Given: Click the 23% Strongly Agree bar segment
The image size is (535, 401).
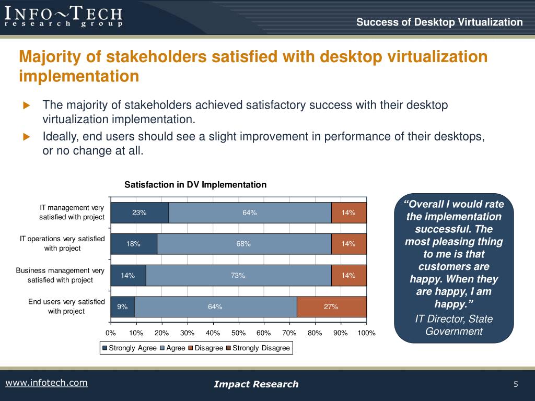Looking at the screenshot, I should (139, 213).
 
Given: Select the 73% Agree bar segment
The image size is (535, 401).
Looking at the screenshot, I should (238, 275).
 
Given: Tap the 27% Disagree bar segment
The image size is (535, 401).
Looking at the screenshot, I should (331, 306).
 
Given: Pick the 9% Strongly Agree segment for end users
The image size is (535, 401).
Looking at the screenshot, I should (123, 306).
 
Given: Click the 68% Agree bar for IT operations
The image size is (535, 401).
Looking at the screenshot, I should (243, 244).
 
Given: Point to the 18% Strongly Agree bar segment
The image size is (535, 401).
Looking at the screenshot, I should (134, 244).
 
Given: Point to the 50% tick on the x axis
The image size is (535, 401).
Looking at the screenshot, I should (238, 333).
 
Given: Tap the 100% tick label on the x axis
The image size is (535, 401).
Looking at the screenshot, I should (366, 333).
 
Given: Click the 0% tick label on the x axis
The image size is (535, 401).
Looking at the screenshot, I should (111, 333).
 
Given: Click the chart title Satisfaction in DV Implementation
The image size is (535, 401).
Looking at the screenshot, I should (195, 185).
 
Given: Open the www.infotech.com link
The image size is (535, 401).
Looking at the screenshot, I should (46, 383).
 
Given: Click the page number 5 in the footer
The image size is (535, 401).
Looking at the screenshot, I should (516, 384).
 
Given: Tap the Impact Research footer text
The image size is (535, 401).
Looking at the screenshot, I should (256, 384).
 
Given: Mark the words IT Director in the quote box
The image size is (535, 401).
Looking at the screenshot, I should (435, 319).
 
